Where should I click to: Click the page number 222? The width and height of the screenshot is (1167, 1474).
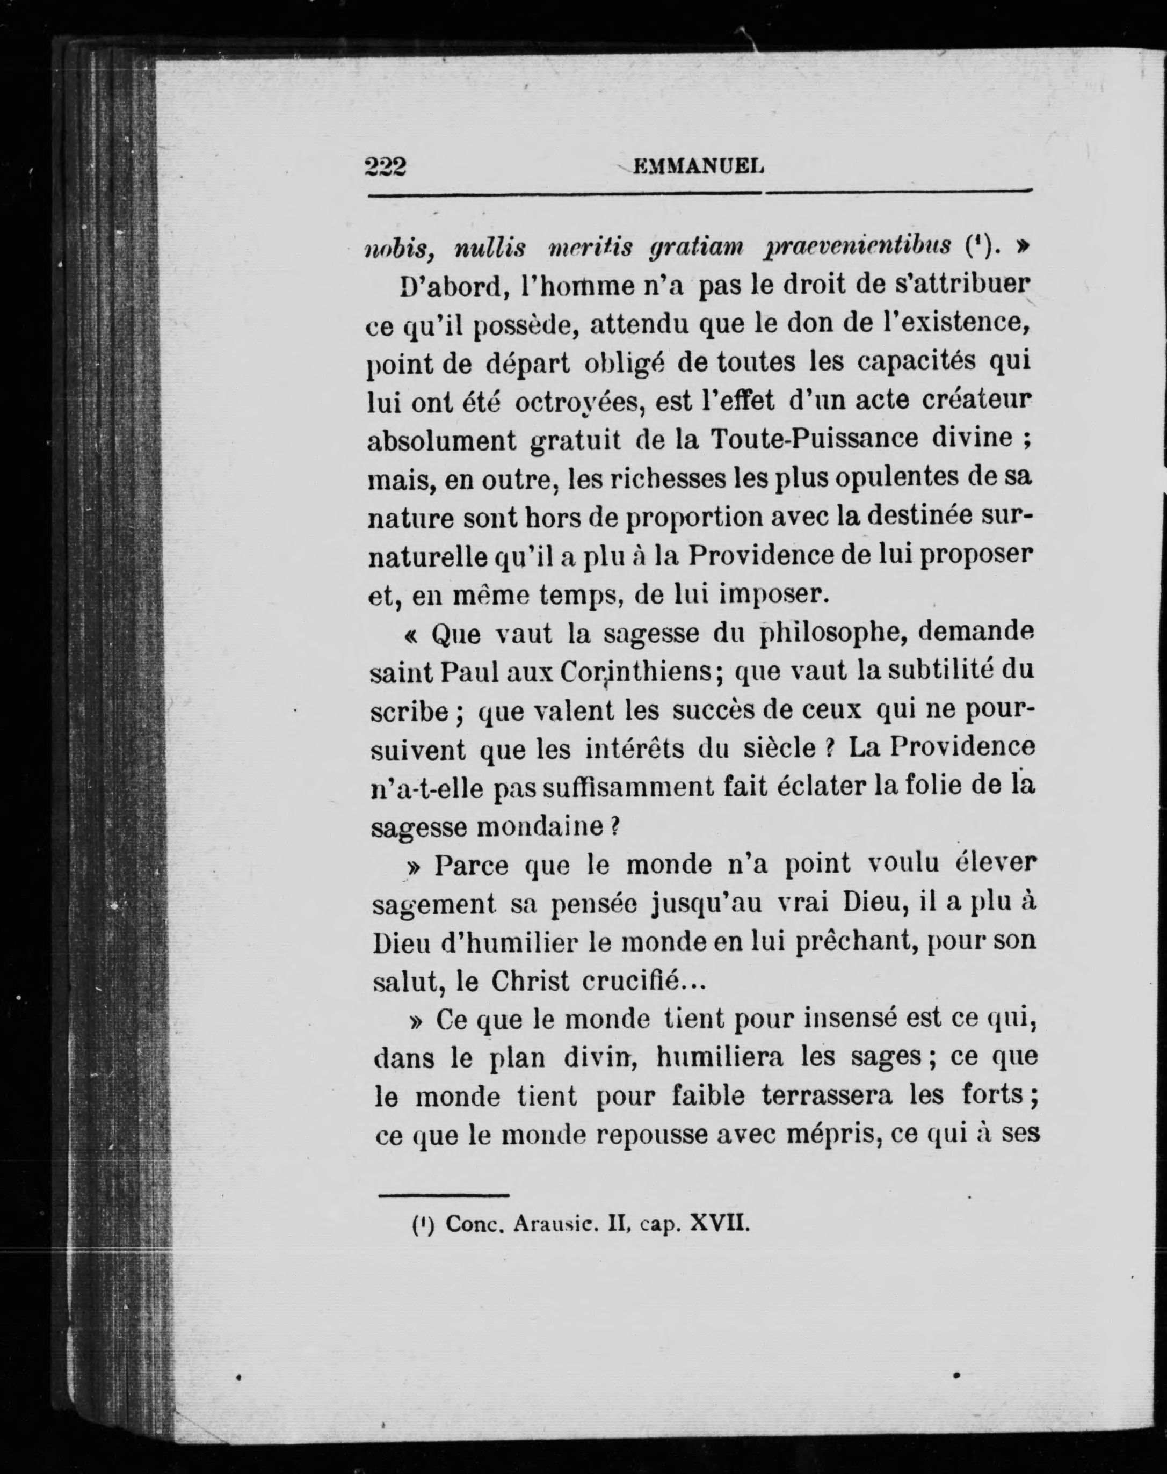point(386,166)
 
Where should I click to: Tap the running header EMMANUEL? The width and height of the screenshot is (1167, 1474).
point(698,166)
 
